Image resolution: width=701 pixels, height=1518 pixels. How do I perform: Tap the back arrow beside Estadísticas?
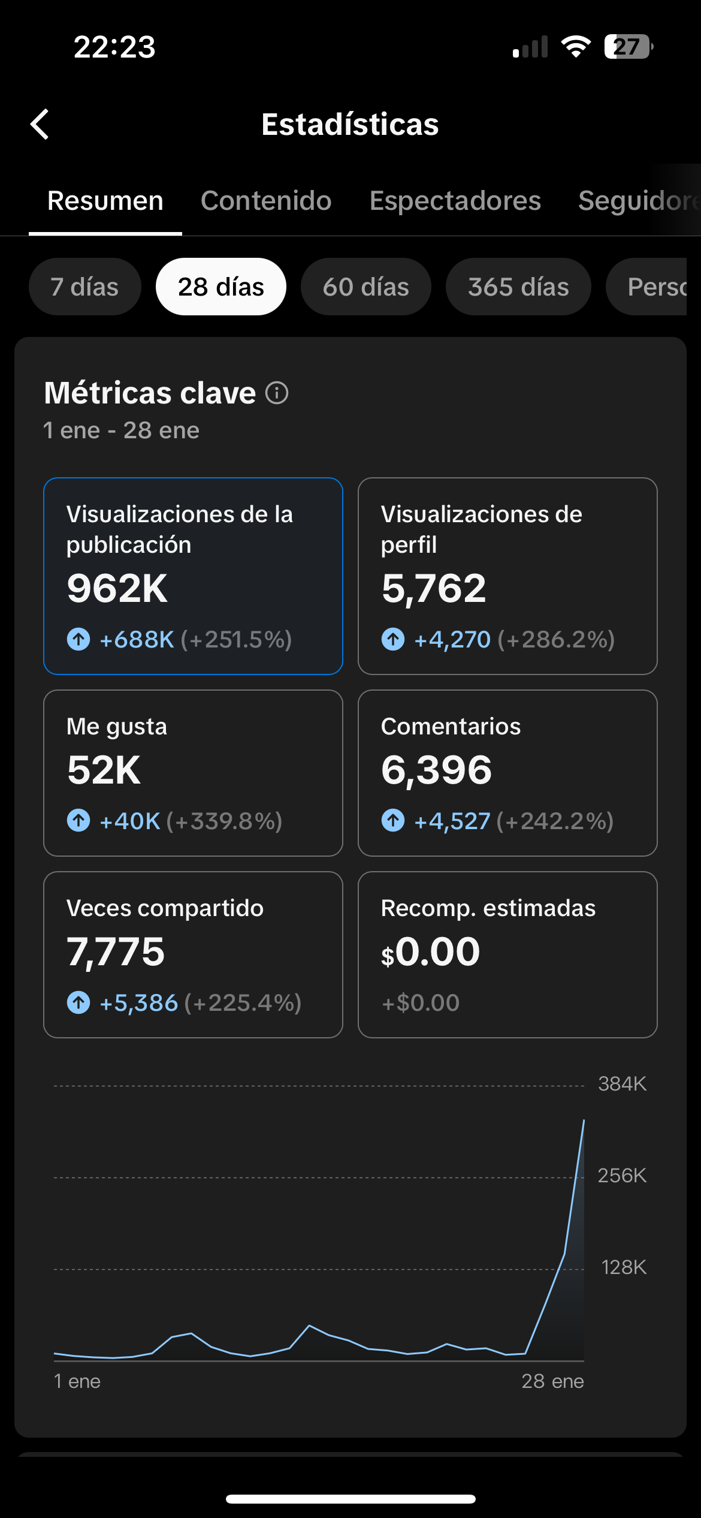pyautogui.click(x=40, y=124)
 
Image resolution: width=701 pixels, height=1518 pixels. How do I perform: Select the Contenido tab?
pyautogui.click(x=266, y=201)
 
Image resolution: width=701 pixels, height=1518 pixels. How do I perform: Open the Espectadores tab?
pyautogui.click(x=455, y=201)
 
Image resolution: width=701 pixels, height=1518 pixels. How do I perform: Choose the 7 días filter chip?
pyautogui.click(x=84, y=287)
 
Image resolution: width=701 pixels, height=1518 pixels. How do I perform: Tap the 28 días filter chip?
pyautogui.click(x=220, y=287)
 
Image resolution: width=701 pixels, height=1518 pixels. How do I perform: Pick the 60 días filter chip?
pyautogui.click(x=365, y=287)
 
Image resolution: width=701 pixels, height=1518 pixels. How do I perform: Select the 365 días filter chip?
pyautogui.click(x=518, y=287)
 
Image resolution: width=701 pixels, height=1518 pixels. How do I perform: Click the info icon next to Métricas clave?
pyautogui.click(x=277, y=393)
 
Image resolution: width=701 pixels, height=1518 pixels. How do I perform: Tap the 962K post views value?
pyautogui.click(x=117, y=588)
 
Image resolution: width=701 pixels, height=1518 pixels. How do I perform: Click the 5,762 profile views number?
pyautogui.click(x=434, y=588)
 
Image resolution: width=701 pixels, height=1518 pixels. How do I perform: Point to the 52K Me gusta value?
pyautogui.click(x=104, y=770)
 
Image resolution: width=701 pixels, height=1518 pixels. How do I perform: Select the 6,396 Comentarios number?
pyautogui.click(x=436, y=770)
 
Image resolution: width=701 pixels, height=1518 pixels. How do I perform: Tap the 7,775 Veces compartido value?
pyautogui.click(x=116, y=951)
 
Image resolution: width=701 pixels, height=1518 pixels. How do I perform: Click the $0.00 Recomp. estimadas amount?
pyautogui.click(x=431, y=951)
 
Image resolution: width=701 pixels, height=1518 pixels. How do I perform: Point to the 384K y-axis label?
pyautogui.click(x=622, y=1084)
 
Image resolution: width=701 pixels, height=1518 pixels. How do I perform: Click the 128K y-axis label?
pyautogui.click(x=623, y=1267)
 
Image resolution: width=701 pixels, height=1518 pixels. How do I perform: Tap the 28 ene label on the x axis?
pyautogui.click(x=552, y=1381)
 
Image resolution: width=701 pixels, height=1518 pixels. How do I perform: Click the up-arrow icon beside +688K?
pyautogui.click(x=78, y=639)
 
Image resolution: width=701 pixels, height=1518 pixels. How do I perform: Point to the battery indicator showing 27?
pyautogui.click(x=628, y=47)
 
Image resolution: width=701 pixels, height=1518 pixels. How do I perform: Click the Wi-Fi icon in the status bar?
pyautogui.click(x=576, y=47)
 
